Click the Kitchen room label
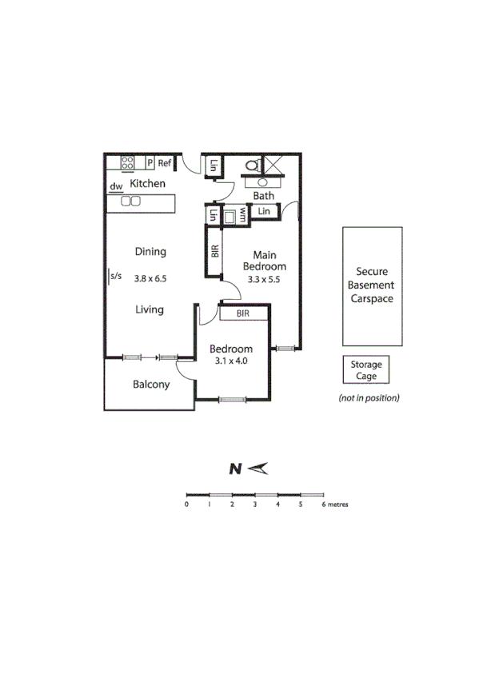(148, 184)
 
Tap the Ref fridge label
(165, 163)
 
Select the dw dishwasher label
(116, 186)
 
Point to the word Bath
(263, 196)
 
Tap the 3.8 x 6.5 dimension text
(150, 278)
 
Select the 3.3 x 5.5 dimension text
(265, 279)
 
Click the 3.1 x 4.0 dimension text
(231, 361)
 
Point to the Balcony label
(150, 385)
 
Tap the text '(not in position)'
(369, 397)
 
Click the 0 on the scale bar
(186, 505)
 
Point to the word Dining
(150, 252)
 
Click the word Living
(150, 309)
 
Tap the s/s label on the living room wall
(116, 277)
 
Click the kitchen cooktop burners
(129, 163)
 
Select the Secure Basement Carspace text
(372, 285)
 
